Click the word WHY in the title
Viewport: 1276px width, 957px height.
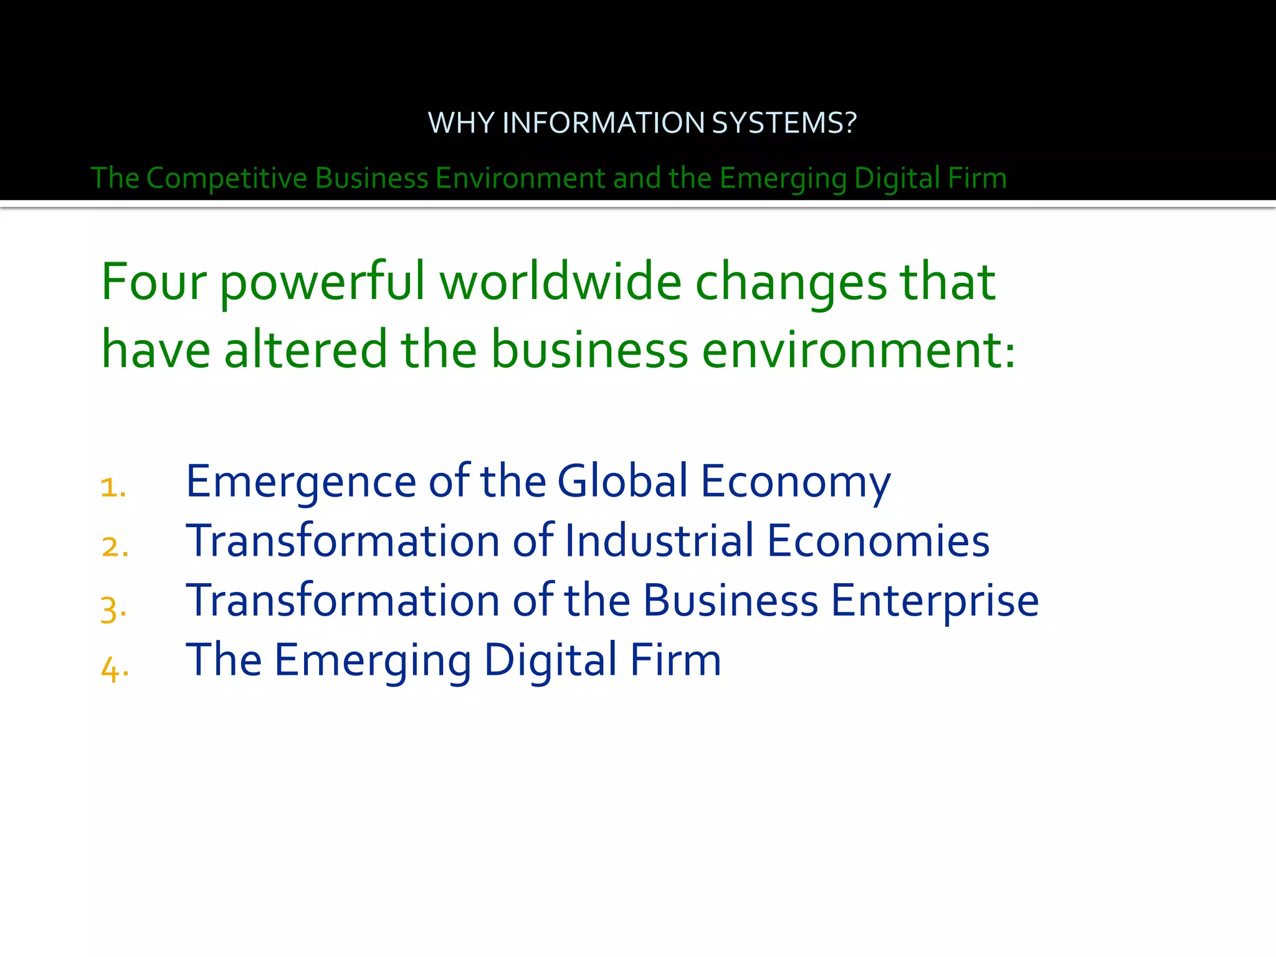(x=461, y=123)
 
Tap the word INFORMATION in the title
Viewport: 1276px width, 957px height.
(x=603, y=123)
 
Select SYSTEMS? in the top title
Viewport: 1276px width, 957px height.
(x=784, y=123)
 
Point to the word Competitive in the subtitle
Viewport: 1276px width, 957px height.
(x=227, y=178)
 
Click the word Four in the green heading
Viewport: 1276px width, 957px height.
(x=153, y=282)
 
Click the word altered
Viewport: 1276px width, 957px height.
(x=305, y=349)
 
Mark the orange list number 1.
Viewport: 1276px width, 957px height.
(x=112, y=487)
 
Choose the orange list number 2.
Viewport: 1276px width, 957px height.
(x=114, y=547)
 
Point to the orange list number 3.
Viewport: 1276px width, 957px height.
(x=113, y=608)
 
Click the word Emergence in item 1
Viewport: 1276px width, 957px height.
(x=301, y=482)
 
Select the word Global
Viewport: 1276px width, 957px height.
(x=622, y=480)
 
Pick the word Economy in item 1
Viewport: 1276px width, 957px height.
(x=796, y=482)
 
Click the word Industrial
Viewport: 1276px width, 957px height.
(x=659, y=540)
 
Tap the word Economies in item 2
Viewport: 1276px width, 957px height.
(x=878, y=540)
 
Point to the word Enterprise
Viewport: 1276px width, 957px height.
(x=935, y=601)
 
